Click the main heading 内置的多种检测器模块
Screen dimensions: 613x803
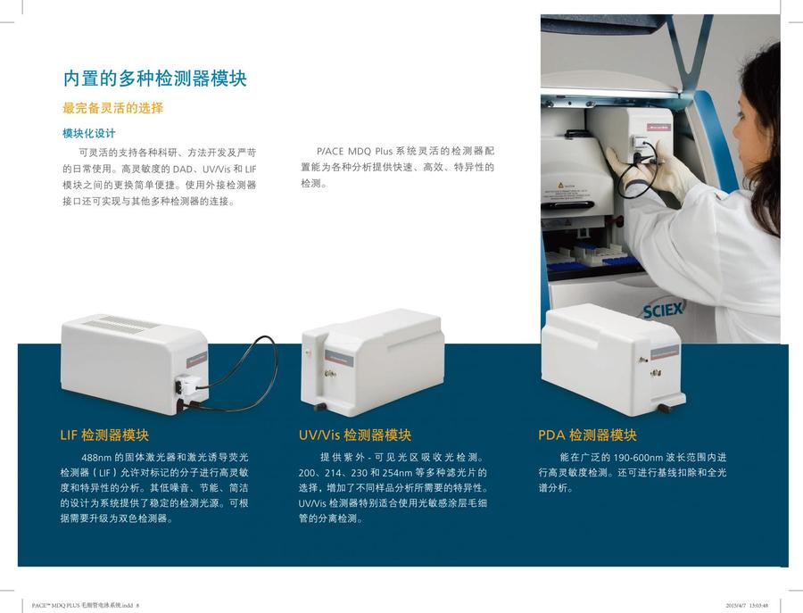coord(154,78)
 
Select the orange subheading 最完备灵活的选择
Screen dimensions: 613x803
coord(112,109)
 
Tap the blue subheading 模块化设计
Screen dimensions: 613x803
coord(88,134)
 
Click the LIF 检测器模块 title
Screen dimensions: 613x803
coord(104,435)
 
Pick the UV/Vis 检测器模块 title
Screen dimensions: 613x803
coord(355,435)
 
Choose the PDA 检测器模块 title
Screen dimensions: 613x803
coord(587,435)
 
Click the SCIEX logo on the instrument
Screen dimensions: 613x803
coord(662,311)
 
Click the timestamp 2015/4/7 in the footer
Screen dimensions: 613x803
coord(740,604)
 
